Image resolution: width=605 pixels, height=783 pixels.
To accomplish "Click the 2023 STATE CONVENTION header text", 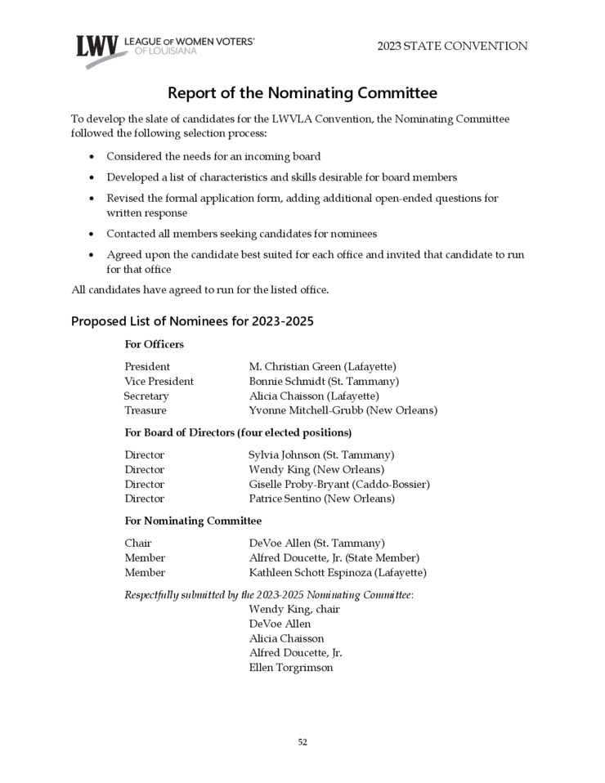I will pos(452,47).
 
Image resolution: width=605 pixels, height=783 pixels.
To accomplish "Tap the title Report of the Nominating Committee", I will pos(302,92).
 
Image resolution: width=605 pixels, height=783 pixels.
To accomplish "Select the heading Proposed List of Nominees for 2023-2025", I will pos(192,321).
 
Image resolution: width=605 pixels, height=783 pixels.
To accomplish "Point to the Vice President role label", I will pos(159,382).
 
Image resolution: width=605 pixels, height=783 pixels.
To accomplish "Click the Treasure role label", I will pos(146,410).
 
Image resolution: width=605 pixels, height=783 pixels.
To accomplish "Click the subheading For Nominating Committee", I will pos(193,521).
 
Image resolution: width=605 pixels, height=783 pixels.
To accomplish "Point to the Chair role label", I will pos(138,543).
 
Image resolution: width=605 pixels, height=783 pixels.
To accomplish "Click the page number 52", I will pos(302,742).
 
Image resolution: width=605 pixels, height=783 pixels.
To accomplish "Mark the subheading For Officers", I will pos(154,344).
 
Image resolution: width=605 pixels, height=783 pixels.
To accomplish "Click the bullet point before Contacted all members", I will pos(91,234).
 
